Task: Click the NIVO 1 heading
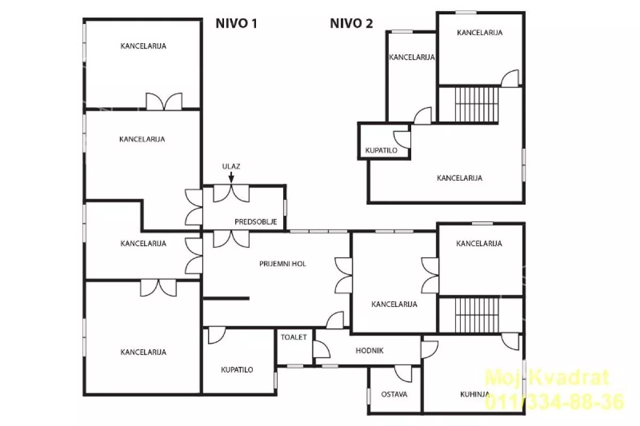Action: coord(236,23)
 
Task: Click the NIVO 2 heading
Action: coord(351,23)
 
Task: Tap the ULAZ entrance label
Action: coord(231,166)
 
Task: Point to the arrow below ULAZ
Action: coord(231,177)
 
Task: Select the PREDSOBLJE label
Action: coord(255,222)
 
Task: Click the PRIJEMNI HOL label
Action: coord(283,264)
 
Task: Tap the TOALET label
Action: coord(294,337)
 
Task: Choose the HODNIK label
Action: coord(370,351)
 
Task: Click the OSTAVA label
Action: coord(394,395)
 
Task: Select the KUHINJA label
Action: coord(475,395)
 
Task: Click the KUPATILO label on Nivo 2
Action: coord(381,150)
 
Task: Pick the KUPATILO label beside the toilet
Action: coord(237,369)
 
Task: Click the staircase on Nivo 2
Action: coord(477,105)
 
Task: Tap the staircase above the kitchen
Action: coord(477,315)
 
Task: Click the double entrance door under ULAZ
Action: coord(231,194)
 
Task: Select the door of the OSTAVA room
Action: coord(403,374)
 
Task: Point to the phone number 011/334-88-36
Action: coord(554,401)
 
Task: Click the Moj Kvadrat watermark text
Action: coord(547,377)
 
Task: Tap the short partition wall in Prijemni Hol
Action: coord(226,299)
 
